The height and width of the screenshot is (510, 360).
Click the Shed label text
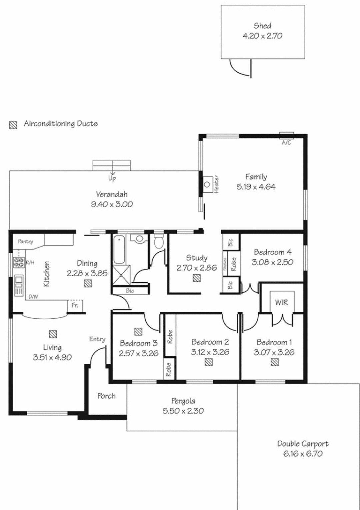point(262,26)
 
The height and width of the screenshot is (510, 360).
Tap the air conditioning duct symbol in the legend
point(13,125)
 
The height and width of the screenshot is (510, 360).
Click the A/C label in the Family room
point(286,143)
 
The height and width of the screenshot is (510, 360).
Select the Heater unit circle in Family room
point(207,184)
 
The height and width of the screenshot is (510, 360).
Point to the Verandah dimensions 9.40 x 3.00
point(112,204)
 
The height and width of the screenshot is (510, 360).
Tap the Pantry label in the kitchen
point(26,241)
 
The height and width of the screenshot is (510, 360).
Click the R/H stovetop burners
point(19,262)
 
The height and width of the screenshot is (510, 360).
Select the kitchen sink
point(19,286)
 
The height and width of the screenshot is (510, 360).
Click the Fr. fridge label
point(74,305)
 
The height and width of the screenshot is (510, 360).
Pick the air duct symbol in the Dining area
point(88,283)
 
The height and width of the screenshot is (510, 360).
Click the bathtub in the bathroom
point(119,250)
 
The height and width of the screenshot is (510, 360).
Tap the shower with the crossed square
point(122,275)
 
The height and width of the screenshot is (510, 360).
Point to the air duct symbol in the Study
point(197,278)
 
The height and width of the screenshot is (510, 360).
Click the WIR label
point(281,302)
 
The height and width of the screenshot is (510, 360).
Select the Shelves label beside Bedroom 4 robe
point(225,264)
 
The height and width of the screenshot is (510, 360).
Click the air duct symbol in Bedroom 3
point(138,331)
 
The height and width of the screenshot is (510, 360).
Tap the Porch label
point(106,396)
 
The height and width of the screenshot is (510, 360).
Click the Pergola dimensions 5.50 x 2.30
point(183,411)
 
